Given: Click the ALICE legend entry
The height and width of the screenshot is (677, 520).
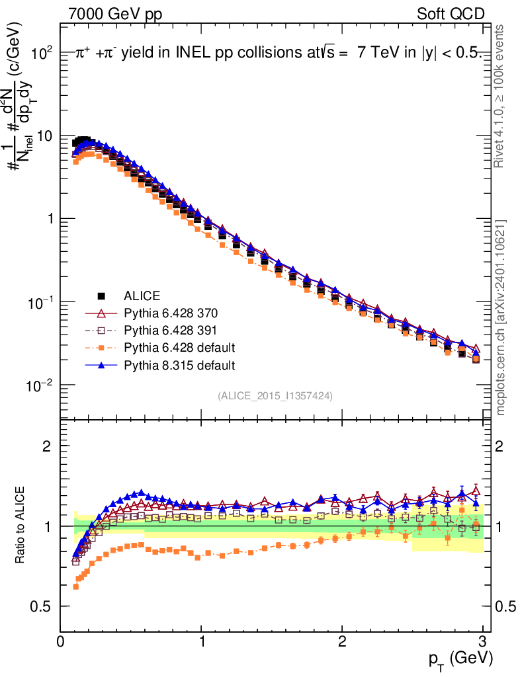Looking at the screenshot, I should pyautogui.click(x=142, y=296).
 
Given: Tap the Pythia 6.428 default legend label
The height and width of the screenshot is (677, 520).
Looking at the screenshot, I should pyautogui.click(x=179, y=347).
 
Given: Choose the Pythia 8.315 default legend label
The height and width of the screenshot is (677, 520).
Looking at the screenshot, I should pyautogui.click(x=179, y=364).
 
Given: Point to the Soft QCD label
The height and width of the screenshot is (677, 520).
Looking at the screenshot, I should pyautogui.click(x=451, y=14).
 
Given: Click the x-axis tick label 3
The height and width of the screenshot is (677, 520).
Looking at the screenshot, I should pyautogui.click(x=483, y=641).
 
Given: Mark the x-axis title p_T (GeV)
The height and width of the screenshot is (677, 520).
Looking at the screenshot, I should pyautogui.click(x=460, y=658).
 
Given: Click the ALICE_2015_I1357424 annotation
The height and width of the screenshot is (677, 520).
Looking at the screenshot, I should pyautogui.click(x=275, y=395).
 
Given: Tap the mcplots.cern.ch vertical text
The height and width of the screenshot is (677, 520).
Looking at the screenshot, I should pyautogui.click(x=501, y=317).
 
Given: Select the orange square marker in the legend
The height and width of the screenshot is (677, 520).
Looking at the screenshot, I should pyautogui.click(x=101, y=347).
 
